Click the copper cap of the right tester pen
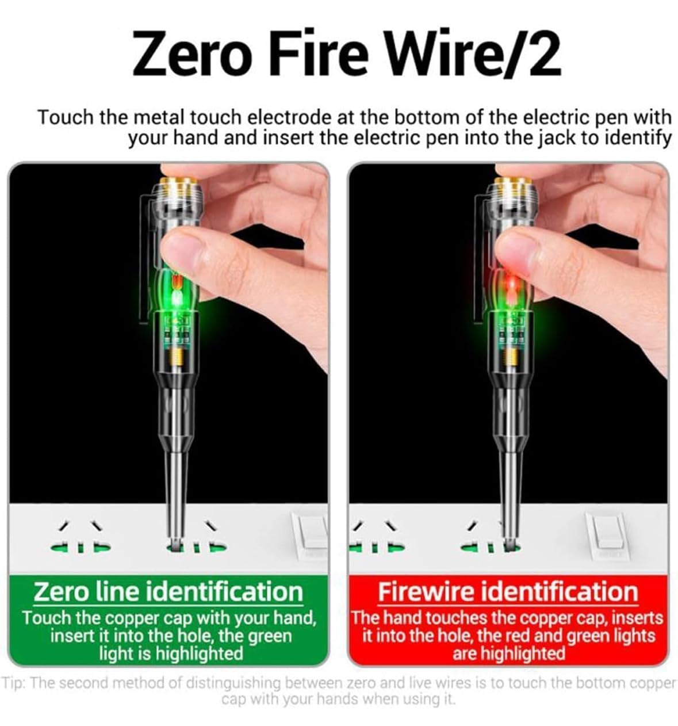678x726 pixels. [513, 181]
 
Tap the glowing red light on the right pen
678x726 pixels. [512, 283]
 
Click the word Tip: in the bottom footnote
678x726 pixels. [14, 683]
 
